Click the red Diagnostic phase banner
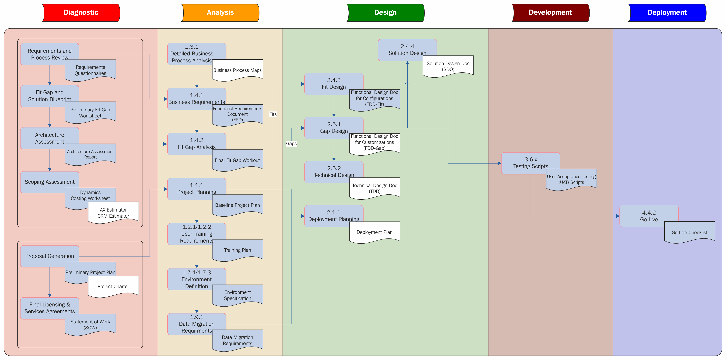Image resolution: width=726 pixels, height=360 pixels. click(81, 13)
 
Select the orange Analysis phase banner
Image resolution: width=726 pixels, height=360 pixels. click(220, 13)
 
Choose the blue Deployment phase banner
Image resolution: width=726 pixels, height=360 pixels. click(667, 13)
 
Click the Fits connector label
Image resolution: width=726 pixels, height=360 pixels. click(273, 114)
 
